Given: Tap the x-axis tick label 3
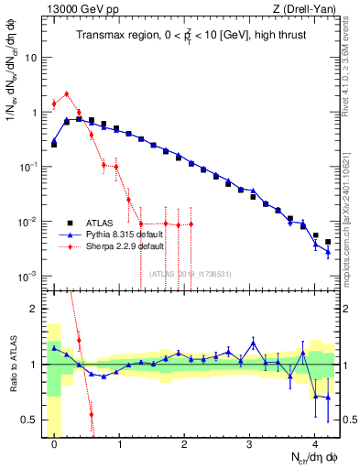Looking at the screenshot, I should [x=250, y=440].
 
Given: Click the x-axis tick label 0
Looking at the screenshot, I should [x=55, y=440].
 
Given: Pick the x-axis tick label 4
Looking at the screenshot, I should [x=315, y=440].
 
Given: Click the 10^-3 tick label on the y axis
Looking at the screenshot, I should [x=28, y=277].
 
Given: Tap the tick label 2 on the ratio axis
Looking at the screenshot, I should [x=35, y=309].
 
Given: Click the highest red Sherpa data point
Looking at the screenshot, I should [x=67, y=93].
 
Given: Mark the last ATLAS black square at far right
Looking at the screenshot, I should [x=328, y=242].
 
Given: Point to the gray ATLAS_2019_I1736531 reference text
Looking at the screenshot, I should [x=191, y=274].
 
